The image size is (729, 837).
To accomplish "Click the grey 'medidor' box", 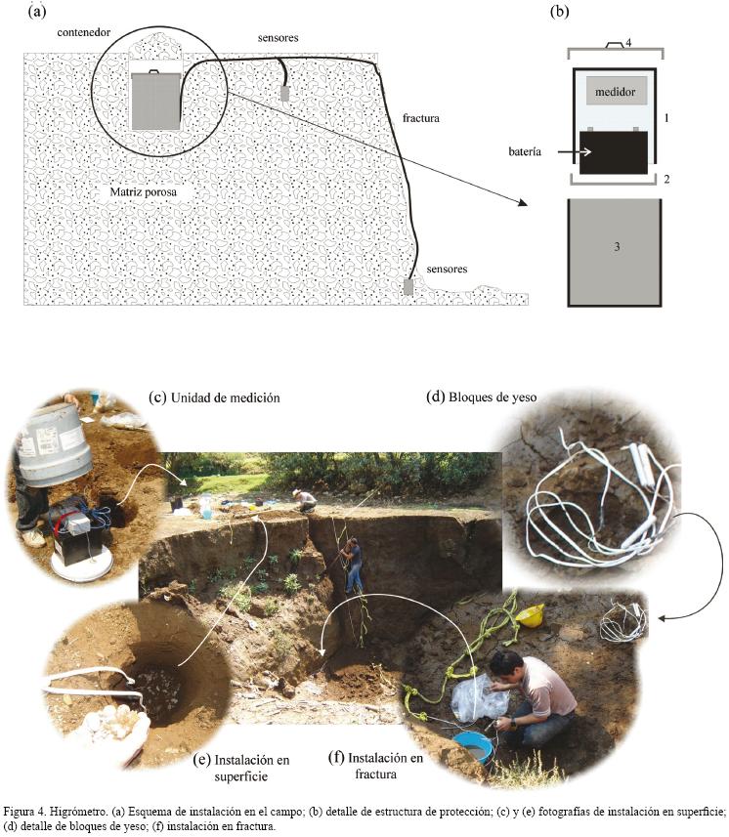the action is coord(617,92).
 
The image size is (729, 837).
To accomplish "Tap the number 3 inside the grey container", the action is coord(617,246).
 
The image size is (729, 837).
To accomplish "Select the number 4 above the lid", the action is coord(628,43).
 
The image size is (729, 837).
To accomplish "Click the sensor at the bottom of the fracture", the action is coord(408,287).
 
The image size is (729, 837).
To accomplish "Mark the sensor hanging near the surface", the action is coord(285,93).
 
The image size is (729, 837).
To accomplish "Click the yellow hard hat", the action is coord(531,614).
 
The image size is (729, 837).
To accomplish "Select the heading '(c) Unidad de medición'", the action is coord(214,398).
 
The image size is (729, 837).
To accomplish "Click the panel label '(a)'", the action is coord(38,11).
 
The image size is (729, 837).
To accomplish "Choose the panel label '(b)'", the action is coord(560,12).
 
